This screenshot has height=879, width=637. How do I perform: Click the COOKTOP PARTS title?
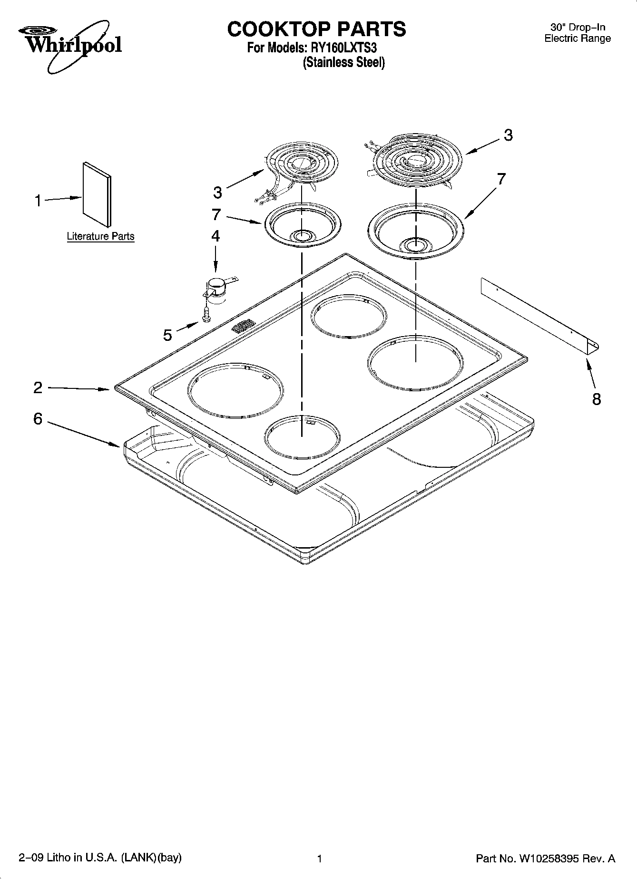coord(316,29)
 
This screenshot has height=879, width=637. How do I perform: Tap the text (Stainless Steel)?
coord(343,62)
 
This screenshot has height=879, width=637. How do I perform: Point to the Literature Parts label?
coord(100,236)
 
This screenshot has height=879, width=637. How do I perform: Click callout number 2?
coord(38,388)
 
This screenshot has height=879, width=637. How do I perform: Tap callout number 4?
coord(216,236)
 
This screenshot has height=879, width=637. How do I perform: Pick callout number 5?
coord(167,335)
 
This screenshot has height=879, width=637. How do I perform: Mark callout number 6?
coord(38,419)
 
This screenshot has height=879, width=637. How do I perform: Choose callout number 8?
coord(596,399)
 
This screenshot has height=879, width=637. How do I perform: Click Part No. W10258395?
coord(545,859)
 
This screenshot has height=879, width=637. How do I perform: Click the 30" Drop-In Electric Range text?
coord(577,33)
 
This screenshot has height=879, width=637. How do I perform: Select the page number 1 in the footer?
coord(320,859)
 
